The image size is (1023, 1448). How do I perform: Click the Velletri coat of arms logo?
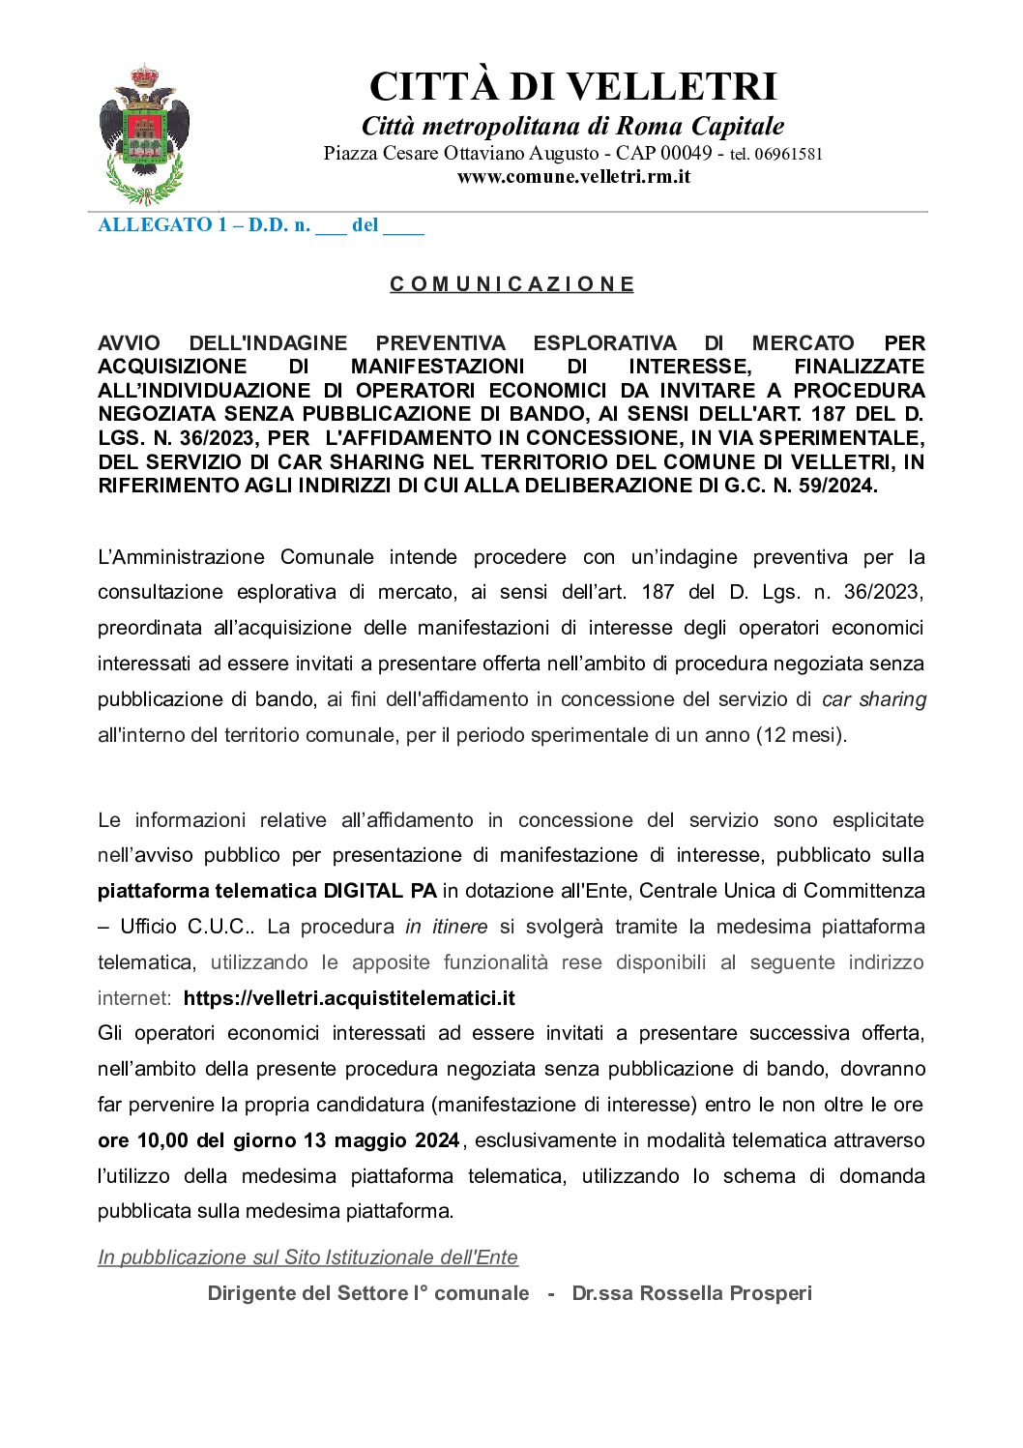(143, 134)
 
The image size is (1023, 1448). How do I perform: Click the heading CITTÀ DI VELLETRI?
(572, 86)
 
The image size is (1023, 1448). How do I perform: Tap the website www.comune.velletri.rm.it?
(573, 176)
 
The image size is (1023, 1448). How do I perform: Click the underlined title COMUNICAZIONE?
(511, 283)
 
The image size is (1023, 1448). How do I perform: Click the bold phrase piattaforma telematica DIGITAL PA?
(267, 890)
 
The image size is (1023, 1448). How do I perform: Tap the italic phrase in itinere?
(446, 926)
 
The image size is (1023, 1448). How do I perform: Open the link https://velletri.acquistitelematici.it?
(349, 997)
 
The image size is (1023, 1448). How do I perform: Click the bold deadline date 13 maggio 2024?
(381, 1139)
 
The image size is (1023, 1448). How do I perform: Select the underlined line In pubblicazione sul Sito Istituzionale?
(307, 1256)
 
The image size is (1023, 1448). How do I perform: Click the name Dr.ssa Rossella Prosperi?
(691, 1292)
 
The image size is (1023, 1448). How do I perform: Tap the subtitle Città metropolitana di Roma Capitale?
(572, 126)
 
